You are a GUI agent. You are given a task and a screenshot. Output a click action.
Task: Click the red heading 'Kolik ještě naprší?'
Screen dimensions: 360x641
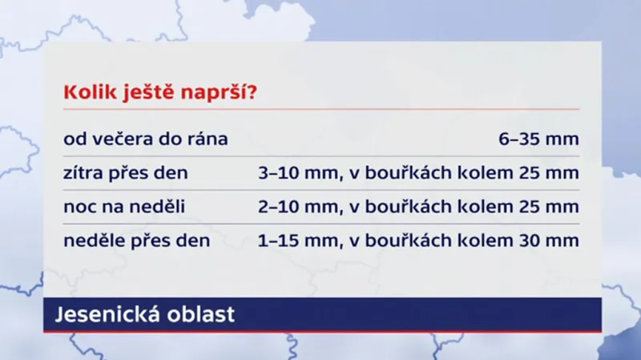[x=159, y=91]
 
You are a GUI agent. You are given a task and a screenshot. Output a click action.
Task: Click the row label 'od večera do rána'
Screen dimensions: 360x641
[x=146, y=139]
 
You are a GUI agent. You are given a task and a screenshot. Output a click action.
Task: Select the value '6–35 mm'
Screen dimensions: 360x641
[x=538, y=139]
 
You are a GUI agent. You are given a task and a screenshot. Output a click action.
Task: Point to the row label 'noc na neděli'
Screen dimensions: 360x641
[x=124, y=206]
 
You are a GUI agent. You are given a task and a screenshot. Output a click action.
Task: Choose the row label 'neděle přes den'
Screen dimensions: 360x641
[x=138, y=240]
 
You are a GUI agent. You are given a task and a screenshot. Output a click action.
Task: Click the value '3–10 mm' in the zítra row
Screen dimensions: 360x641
[x=285, y=172]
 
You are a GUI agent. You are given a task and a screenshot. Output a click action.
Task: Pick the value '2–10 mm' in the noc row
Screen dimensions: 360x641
[x=285, y=206]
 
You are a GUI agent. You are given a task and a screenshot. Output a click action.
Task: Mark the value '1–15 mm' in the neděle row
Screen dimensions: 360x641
[x=285, y=240]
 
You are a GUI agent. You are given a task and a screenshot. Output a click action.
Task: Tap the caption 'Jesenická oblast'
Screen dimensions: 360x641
[x=145, y=313]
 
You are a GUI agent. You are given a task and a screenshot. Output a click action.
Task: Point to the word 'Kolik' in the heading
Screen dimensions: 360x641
[x=86, y=90]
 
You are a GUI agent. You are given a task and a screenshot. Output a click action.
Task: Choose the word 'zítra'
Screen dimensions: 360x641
[x=84, y=172]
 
